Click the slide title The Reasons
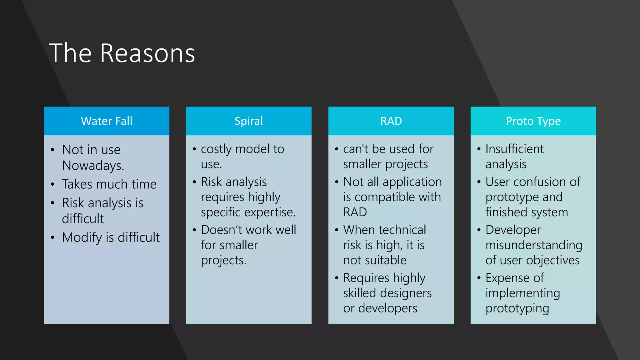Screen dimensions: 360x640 tap(122, 53)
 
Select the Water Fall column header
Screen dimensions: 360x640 tap(107, 121)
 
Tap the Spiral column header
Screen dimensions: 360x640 tap(249, 121)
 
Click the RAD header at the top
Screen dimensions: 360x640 tap(391, 121)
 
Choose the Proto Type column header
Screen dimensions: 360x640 tap(533, 121)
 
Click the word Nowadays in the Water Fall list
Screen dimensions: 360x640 tap(93, 166)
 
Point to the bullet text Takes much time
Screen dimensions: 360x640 tap(109, 184)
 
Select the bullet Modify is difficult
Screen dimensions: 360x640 tap(111, 237)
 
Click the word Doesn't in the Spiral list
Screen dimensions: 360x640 tap(221, 230)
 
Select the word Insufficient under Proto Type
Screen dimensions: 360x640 tap(514, 149)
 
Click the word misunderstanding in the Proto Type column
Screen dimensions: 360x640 tap(533, 245)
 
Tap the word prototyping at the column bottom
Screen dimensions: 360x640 tap(517, 308)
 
